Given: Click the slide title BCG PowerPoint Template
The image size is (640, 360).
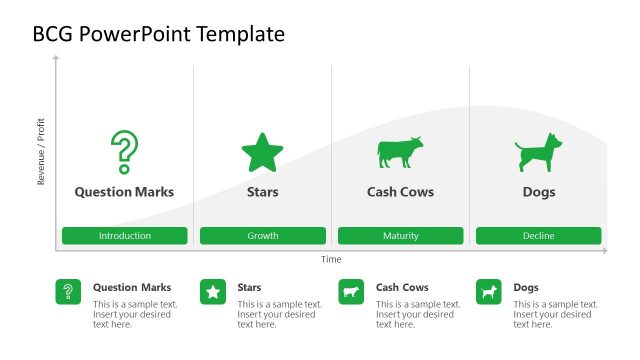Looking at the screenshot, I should [159, 34].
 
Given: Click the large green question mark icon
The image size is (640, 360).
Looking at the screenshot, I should [124, 152].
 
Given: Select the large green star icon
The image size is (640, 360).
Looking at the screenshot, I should [262, 153].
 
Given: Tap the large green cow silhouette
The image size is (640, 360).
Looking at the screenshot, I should [400, 153].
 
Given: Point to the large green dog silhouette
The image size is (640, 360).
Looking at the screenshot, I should [538, 153].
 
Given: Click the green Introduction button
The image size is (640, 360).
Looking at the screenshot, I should [125, 236].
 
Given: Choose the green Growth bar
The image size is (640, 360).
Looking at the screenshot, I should [263, 236].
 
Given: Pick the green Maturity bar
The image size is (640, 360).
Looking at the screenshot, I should [400, 236].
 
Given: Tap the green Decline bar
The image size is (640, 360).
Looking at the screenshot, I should [538, 236].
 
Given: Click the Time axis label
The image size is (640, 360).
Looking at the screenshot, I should [331, 260].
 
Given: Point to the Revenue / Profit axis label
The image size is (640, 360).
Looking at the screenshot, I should [41, 152].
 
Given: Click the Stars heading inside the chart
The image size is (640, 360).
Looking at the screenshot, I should [262, 192].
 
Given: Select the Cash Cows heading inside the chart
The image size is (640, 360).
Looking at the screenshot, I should [400, 192].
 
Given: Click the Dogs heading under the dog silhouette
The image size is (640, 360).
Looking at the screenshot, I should [538, 192].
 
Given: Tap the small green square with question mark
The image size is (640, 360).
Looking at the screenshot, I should [68, 292].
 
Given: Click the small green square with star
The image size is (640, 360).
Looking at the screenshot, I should [213, 292].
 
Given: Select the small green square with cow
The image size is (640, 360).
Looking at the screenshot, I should [351, 292].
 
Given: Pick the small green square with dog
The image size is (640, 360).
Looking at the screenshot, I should [489, 292].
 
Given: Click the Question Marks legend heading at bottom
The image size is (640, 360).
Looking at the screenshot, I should [132, 287].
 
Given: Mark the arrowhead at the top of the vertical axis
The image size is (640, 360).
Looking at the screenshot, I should [56, 58].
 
